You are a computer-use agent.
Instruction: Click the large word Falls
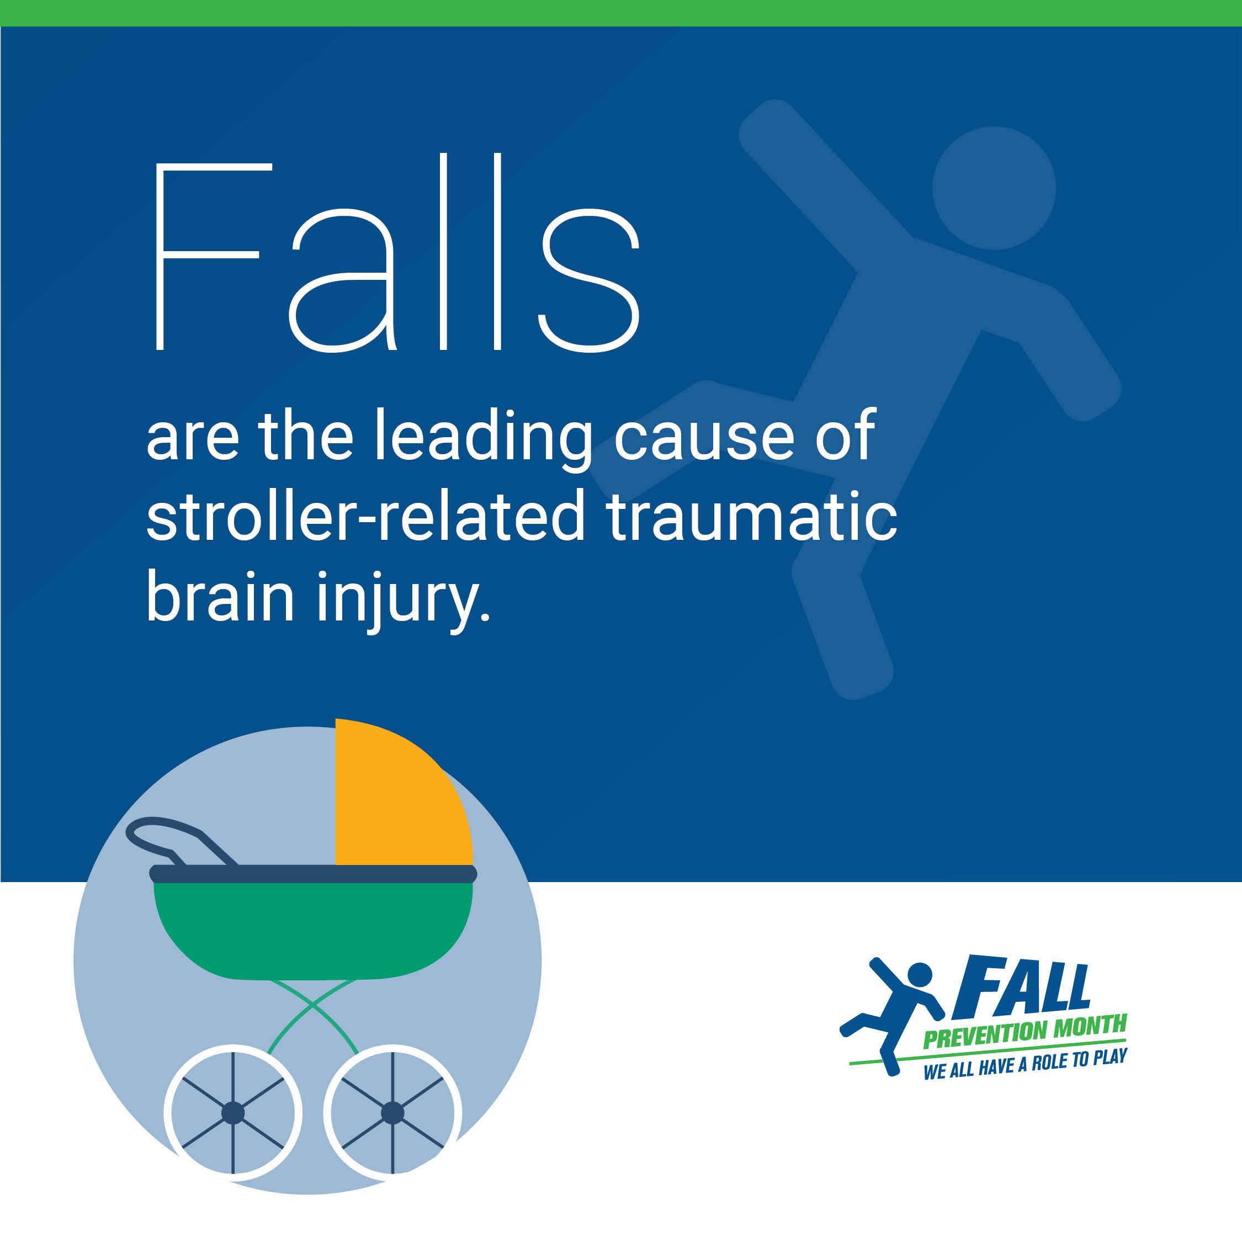tap(397, 253)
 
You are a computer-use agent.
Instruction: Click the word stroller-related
tap(365, 514)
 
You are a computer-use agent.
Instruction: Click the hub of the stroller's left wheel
tap(233, 1113)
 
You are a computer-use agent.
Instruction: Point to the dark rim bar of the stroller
tap(313, 874)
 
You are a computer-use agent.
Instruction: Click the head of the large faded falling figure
tap(994, 188)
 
